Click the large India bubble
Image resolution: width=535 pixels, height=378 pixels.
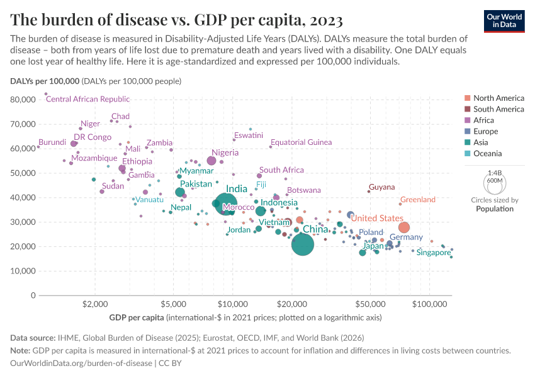click(x=225, y=203)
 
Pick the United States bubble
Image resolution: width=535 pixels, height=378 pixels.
click(x=404, y=227)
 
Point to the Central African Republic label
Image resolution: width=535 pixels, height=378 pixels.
click(x=88, y=99)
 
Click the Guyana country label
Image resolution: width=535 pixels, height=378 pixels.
click(x=382, y=187)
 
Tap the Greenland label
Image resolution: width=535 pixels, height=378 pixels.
click(x=418, y=200)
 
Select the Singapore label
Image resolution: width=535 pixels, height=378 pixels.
click(x=435, y=253)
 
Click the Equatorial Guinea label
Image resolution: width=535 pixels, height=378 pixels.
click(x=301, y=142)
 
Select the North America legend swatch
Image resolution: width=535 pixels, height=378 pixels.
click(x=466, y=98)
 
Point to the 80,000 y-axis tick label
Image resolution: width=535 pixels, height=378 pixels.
click(x=23, y=100)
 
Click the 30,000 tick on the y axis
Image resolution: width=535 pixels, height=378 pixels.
click(x=23, y=222)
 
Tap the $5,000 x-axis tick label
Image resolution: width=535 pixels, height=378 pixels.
click(x=172, y=303)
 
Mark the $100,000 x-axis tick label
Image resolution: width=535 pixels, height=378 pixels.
click(x=429, y=303)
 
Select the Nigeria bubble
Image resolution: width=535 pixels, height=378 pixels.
click(x=211, y=161)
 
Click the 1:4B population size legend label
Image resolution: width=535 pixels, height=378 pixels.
click(x=495, y=173)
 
